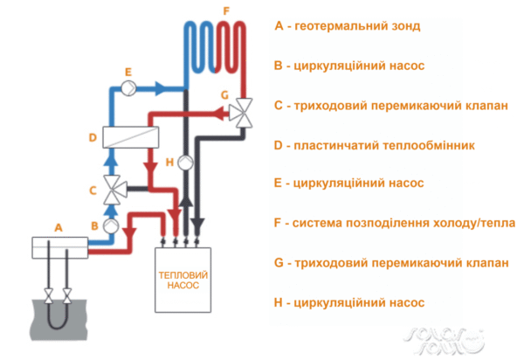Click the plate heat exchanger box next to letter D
coord(131,137)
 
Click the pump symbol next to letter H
coord(184,163)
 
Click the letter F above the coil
coord(225,10)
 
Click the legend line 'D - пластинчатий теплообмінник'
coord(374,145)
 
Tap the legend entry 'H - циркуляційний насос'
coord(349,302)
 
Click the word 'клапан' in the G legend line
coord(484,263)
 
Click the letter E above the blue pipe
coord(128,70)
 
